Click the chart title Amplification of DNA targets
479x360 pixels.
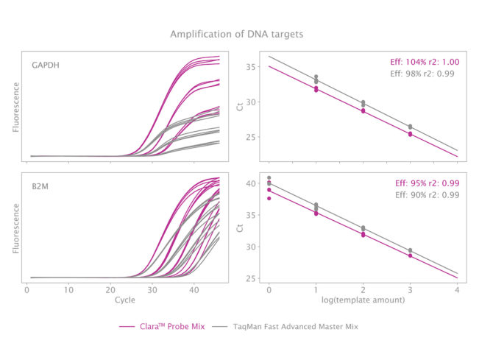(x=236, y=34)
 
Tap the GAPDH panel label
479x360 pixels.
(x=46, y=65)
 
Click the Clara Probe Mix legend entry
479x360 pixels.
(x=157, y=325)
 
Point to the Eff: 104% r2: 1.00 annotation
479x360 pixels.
(x=423, y=63)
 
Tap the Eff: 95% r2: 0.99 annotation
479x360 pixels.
(x=425, y=183)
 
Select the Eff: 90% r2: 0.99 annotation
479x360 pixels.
(x=425, y=194)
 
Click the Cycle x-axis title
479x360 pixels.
(x=125, y=300)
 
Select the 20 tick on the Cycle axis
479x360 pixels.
(x=110, y=290)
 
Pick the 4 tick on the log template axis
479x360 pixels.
(x=458, y=290)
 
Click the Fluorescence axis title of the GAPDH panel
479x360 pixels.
(x=16, y=105)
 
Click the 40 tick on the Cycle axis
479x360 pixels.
(x=194, y=290)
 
